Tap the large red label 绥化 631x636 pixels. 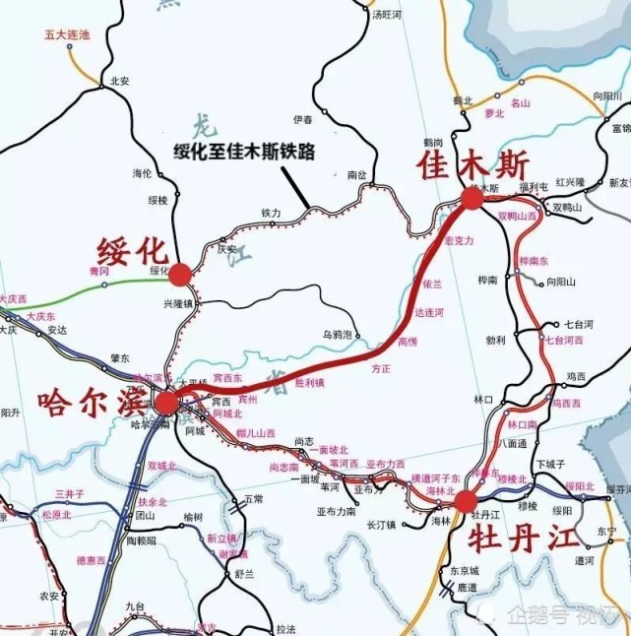click(x=135, y=248)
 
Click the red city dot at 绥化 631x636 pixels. click(x=181, y=273)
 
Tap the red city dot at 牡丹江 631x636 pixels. click(x=466, y=501)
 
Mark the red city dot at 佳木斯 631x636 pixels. click(x=473, y=198)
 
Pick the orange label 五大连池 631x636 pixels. click(x=66, y=34)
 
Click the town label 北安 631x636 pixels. click(x=120, y=82)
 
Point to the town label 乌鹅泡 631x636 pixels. click(x=337, y=335)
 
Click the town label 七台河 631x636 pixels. click(x=575, y=324)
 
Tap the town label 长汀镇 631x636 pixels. click(x=380, y=525)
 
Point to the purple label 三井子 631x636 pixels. click(x=70, y=493)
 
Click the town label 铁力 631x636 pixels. click(x=271, y=213)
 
